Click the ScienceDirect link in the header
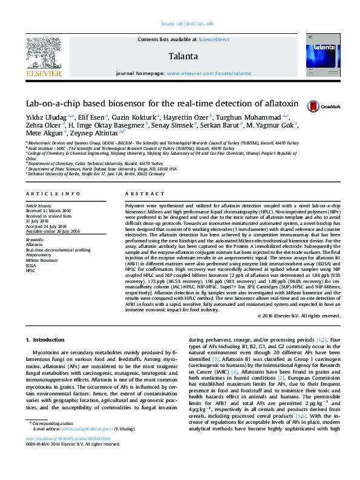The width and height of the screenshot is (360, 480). [214, 39]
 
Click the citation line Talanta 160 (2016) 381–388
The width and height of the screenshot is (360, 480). [180, 25]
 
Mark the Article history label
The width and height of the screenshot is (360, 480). [39, 206]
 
